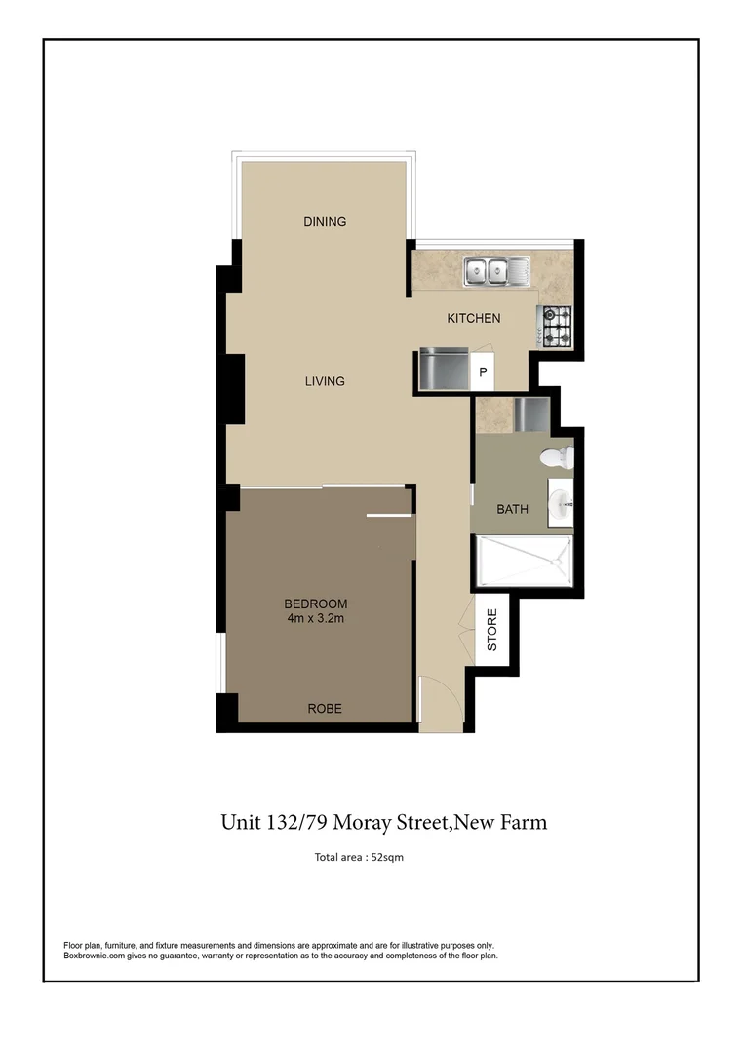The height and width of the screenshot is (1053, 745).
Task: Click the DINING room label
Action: [x=325, y=222]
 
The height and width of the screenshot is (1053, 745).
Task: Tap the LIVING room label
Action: [x=325, y=381]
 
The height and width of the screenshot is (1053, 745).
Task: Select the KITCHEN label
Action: [x=473, y=318]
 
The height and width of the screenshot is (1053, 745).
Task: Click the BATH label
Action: [x=512, y=509]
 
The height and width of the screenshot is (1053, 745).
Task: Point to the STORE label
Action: [x=491, y=631]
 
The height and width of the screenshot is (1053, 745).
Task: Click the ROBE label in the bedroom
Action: [x=325, y=709]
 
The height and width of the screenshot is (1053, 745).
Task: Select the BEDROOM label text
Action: [x=316, y=603]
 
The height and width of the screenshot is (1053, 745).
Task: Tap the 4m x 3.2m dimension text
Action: [x=316, y=619]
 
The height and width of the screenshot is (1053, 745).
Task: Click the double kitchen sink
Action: [x=496, y=271]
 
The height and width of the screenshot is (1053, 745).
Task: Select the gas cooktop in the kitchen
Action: [x=556, y=326]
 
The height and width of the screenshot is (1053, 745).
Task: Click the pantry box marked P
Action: [x=482, y=372]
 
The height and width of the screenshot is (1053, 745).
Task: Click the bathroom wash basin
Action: [x=561, y=504]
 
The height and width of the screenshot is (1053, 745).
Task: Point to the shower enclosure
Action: [x=522, y=562]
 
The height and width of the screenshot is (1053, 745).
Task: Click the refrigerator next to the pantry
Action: [x=443, y=370]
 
